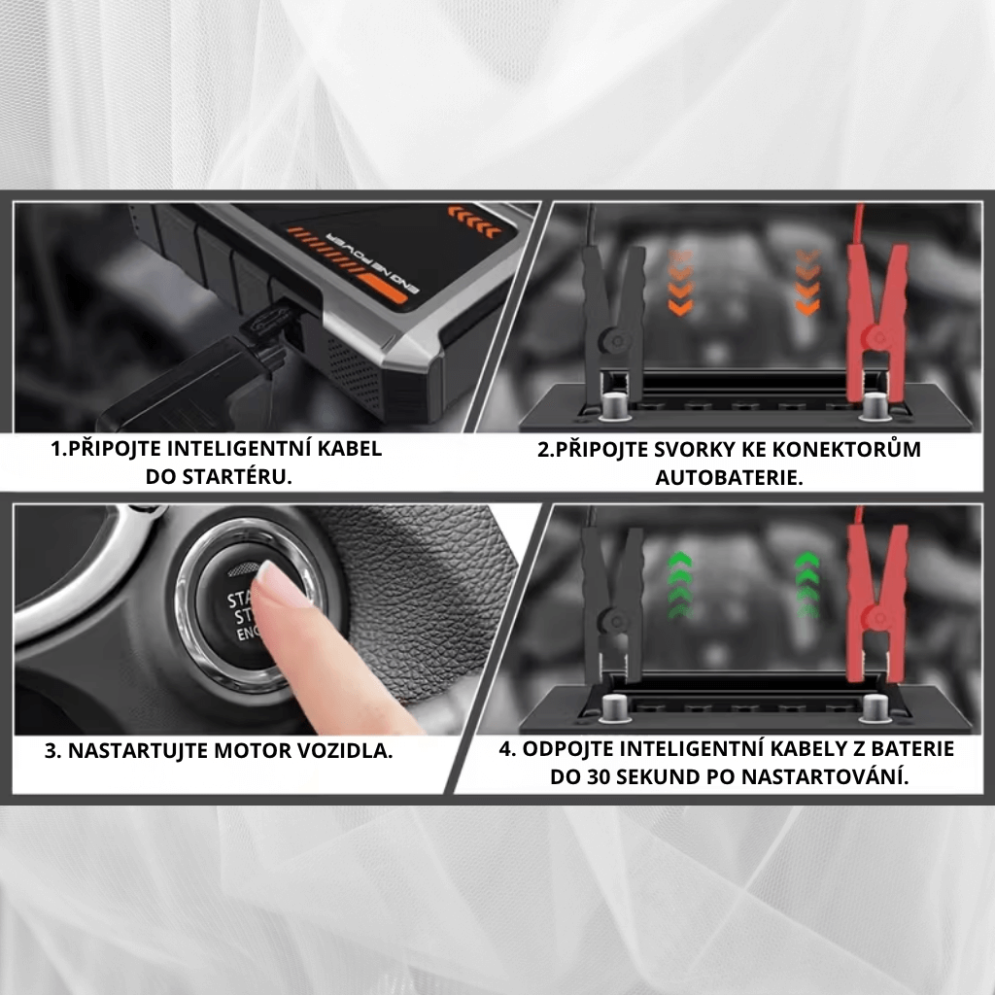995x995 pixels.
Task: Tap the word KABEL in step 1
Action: pos(350,449)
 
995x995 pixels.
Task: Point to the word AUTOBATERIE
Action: pos(729,477)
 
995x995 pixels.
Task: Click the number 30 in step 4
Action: pos(599,776)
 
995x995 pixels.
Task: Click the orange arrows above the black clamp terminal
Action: pos(679,283)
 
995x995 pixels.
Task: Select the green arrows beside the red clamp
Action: pos(807,585)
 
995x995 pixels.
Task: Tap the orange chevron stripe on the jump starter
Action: pos(474,221)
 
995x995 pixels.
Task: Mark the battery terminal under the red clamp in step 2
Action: pos(875,406)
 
